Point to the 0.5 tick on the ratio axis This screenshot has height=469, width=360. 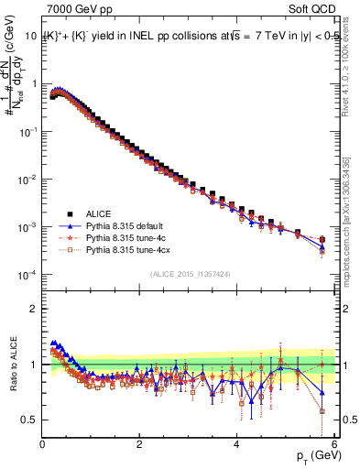[x=30, y=420]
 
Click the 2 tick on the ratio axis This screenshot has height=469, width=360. [x=35, y=308]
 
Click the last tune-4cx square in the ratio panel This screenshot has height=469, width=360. [x=322, y=410]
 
